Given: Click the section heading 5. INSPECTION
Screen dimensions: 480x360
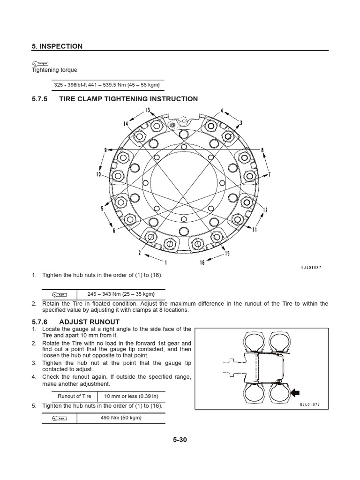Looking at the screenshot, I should [x=57, y=46].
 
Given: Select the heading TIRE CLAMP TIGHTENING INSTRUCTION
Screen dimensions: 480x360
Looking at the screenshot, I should [x=128, y=99].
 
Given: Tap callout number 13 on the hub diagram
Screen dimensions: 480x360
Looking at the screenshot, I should [x=147, y=110].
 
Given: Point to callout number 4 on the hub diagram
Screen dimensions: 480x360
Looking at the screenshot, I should [x=222, y=111].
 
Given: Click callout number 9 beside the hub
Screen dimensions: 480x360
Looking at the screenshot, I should [x=105, y=150].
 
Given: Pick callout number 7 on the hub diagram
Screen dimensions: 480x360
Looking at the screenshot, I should [x=270, y=175].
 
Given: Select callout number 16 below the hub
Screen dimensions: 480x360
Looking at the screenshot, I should [x=202, y=262].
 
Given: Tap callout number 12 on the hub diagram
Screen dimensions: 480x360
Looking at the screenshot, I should [x=265, y=210].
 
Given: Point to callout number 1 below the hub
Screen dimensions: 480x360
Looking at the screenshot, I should [x=166, y=262].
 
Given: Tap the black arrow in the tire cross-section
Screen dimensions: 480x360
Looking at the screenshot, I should [x=296, y=393].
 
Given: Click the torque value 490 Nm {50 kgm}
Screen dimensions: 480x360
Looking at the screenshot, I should [x=121, y=418].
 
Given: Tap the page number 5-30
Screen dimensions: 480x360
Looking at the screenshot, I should [x=180, y=440].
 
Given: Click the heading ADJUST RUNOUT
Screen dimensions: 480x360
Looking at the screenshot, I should [x=89, y=322].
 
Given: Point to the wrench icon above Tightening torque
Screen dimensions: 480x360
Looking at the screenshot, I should [x=40, y=63].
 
